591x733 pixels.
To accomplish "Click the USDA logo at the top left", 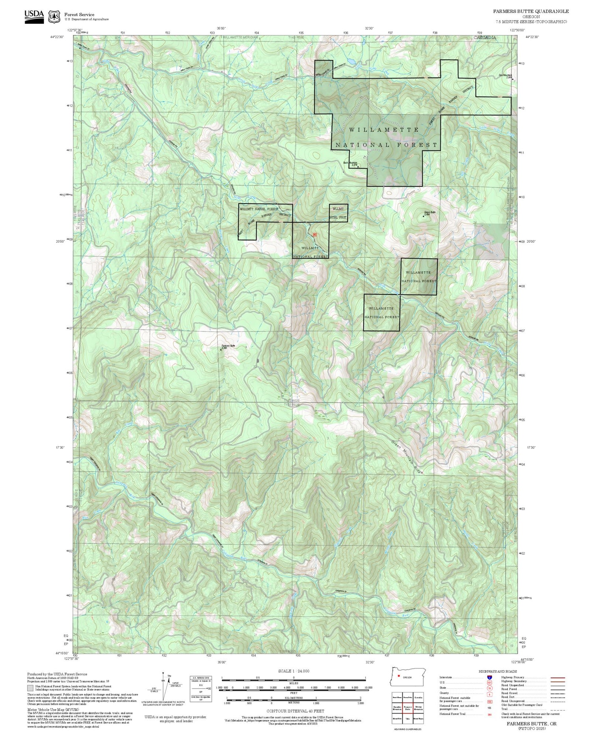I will coord(34,17).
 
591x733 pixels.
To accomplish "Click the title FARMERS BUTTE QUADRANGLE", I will coord(530,11).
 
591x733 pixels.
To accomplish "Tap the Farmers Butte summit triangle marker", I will coord(221,349).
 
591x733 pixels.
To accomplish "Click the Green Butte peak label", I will coord(429,213).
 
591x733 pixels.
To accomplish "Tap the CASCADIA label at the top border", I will coord(485,37).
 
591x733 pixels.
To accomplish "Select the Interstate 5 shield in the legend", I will coord(489,677).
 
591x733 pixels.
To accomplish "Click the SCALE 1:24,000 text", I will coord(294,671).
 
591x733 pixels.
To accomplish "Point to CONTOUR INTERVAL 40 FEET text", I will coord(295,711).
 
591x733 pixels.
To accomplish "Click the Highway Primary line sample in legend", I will coord(556,677).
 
